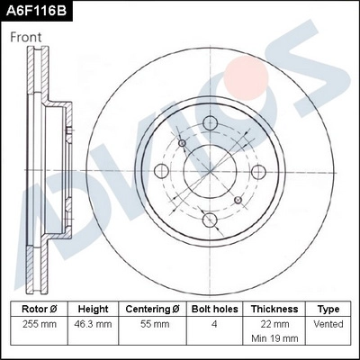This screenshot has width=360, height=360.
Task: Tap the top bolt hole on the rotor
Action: tap(209, 123)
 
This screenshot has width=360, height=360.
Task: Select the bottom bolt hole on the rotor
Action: tap(209, 218)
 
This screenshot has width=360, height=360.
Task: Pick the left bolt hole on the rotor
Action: tap(162, 171)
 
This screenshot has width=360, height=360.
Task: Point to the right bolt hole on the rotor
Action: tap(256, 171)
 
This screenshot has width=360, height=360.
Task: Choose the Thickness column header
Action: tap(275, 308)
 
